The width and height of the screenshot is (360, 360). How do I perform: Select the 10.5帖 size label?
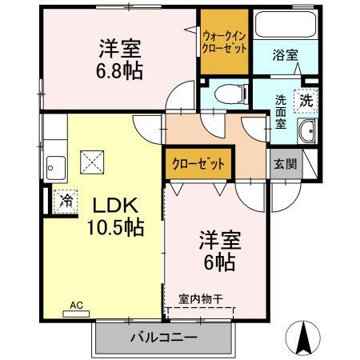click(x=116, y=227)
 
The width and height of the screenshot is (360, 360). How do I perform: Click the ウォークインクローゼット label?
click(x=224, y=42)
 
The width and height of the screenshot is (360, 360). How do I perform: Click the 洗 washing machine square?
click(x=306, y=102)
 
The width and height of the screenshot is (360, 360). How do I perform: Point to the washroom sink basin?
click(x=306, y=133)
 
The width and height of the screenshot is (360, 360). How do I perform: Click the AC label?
click(x=77, y=305)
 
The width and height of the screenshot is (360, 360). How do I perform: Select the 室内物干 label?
click(x=201, y=299)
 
